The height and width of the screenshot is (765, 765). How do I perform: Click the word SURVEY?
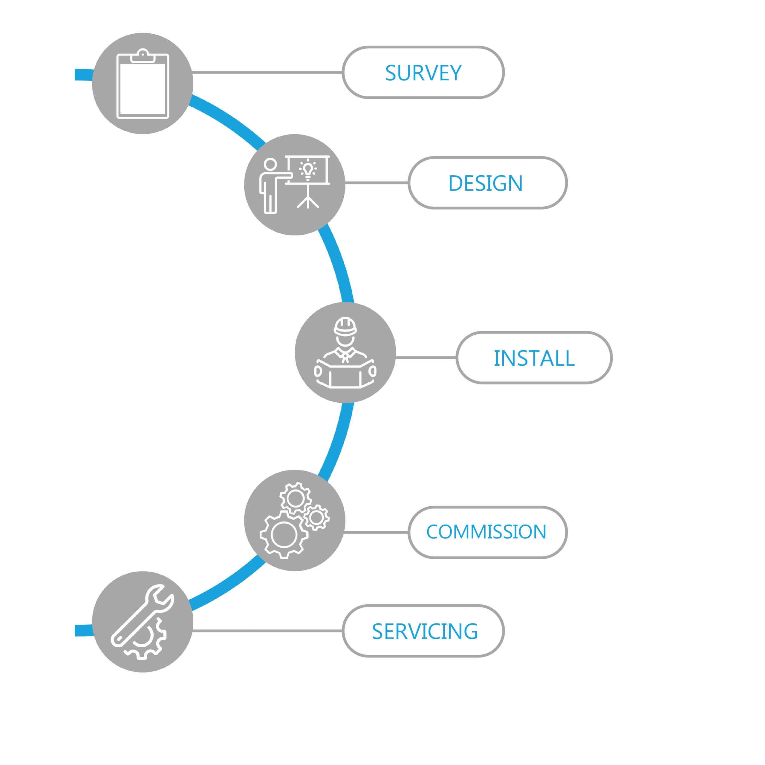tap(423, 73)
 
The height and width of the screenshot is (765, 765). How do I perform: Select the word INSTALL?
tap(534, 358)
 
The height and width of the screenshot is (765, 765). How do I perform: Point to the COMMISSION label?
tap(486, 531)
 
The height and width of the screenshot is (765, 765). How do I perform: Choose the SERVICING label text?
tap(425, 631)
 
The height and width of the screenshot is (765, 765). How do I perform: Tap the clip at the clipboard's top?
tap(143, 56)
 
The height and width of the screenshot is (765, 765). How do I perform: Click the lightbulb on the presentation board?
tap(308, 170)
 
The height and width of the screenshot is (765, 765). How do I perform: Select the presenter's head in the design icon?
tap(270, 164)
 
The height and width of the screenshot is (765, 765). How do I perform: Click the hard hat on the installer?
tap(345, 327)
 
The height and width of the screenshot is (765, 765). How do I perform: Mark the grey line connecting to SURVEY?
tap(267, 73)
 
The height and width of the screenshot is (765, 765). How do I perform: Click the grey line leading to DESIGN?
tap(377, 183)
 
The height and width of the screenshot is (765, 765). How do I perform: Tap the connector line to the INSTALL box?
tap(426, 358)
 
